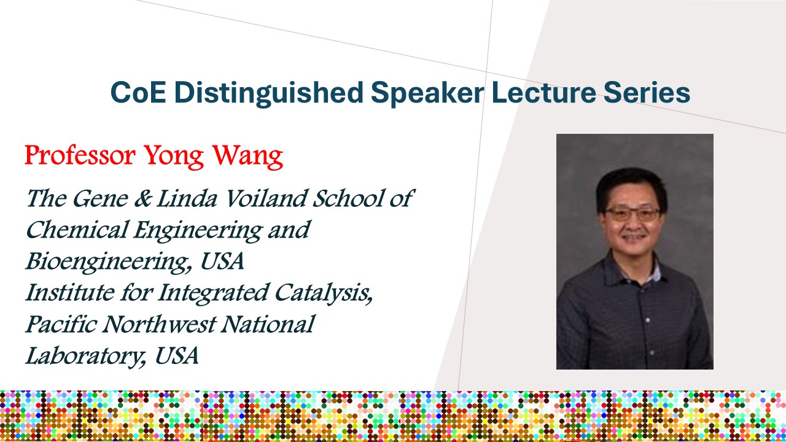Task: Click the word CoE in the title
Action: tap(138, 92)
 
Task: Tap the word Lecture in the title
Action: tap(543, 92)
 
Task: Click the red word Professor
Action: tap(80, 155)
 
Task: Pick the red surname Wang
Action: tap(248, 157)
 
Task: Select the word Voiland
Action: tap(265, 198)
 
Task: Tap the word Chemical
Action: tap(76, 230)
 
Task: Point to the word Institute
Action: tap(70, 292)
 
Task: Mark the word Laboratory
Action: tap(86, 357)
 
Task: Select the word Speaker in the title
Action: tap(427, 93)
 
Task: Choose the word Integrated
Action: tap(213, 293)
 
